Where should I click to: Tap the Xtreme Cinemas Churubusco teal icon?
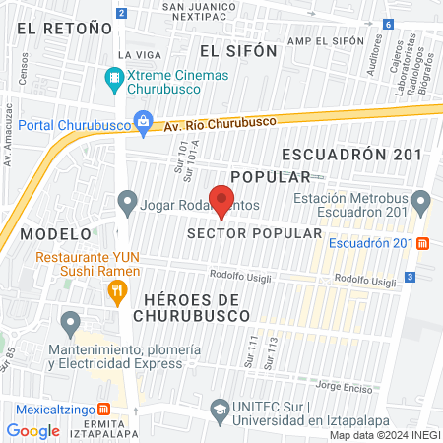tap(115, 76)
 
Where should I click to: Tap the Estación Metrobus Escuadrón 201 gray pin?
tap(421, 204)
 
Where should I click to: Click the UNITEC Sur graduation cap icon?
tap(221, 409)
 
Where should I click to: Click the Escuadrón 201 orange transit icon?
tap(422, 243)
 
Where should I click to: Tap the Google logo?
tap(32, 430)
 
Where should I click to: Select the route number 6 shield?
tap(389, 25)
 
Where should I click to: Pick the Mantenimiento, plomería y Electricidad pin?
tap(70, 322)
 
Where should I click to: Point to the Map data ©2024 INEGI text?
tap(384, 435)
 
